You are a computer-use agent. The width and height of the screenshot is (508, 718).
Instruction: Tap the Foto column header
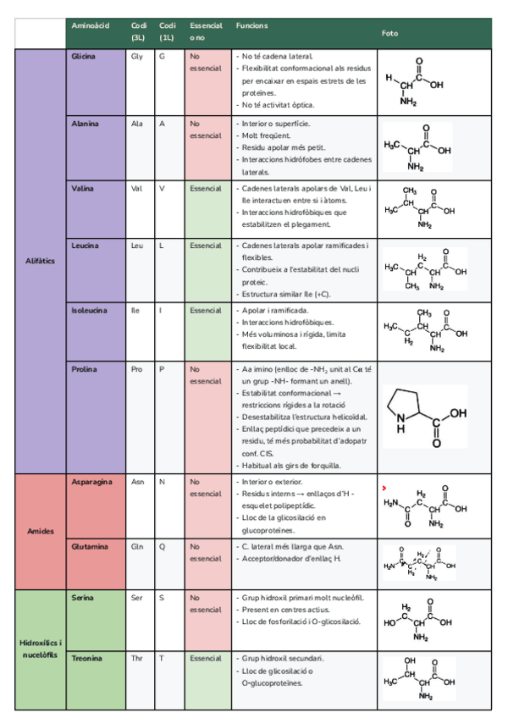(389, 33)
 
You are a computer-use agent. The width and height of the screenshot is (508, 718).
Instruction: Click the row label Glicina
(84, 57)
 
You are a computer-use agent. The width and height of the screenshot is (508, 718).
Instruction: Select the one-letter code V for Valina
(162, 188)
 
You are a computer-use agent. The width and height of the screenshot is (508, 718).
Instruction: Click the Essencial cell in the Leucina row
(206, 246)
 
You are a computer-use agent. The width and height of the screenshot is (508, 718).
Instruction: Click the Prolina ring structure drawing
(426, 417)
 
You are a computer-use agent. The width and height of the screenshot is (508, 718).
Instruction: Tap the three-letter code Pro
(137, 369)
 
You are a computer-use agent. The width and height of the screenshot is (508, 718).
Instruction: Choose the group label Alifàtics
(41, 261)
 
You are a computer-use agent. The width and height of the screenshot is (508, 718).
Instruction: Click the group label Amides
(41, 532)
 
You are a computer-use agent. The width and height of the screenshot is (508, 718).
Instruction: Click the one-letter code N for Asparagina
(162, 482)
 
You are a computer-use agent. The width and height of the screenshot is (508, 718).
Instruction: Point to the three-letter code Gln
(137, 546)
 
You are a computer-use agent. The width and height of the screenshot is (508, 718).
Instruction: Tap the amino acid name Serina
(84, 597)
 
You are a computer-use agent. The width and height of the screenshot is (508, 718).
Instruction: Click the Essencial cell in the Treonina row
(206, 658)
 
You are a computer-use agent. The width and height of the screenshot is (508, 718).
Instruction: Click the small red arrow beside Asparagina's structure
(384, 489)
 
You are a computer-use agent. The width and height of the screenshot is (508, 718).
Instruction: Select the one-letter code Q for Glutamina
(162, 546)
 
